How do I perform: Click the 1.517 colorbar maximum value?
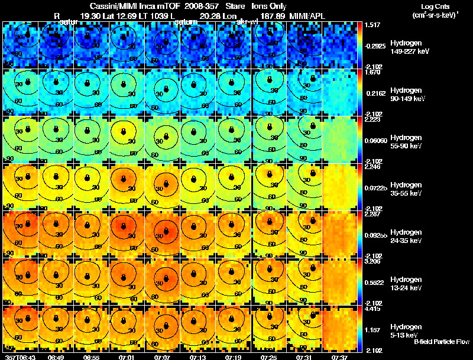(x=373, y=25)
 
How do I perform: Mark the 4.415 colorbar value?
(x=373, y=308)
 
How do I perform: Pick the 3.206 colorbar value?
(x=373, y=261)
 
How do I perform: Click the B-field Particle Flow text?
(x=441, y=342)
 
